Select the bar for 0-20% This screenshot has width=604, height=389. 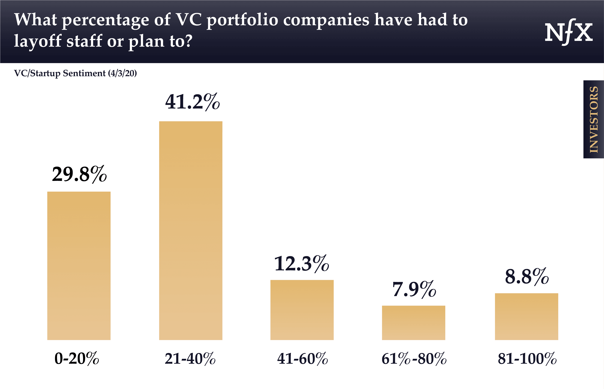79,266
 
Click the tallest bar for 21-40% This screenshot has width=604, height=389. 191,230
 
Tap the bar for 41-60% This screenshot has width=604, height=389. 302,310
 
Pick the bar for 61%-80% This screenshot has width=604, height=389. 413,323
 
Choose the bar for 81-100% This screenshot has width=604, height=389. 526,316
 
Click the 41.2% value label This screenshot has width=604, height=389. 192,102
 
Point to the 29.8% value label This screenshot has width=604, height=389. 79,174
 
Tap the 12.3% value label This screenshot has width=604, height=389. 302,264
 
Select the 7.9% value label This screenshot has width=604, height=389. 414,289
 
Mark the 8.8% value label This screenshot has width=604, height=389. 527,277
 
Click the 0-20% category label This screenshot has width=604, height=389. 77,359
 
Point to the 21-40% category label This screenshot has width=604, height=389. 190,359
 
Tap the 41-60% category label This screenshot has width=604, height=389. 302,359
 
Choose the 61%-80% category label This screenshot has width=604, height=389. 414,359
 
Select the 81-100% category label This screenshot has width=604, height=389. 527,359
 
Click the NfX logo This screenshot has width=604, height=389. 569,32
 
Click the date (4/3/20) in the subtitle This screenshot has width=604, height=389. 122,73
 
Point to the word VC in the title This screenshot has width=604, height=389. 188,20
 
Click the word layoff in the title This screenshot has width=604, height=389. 38,41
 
